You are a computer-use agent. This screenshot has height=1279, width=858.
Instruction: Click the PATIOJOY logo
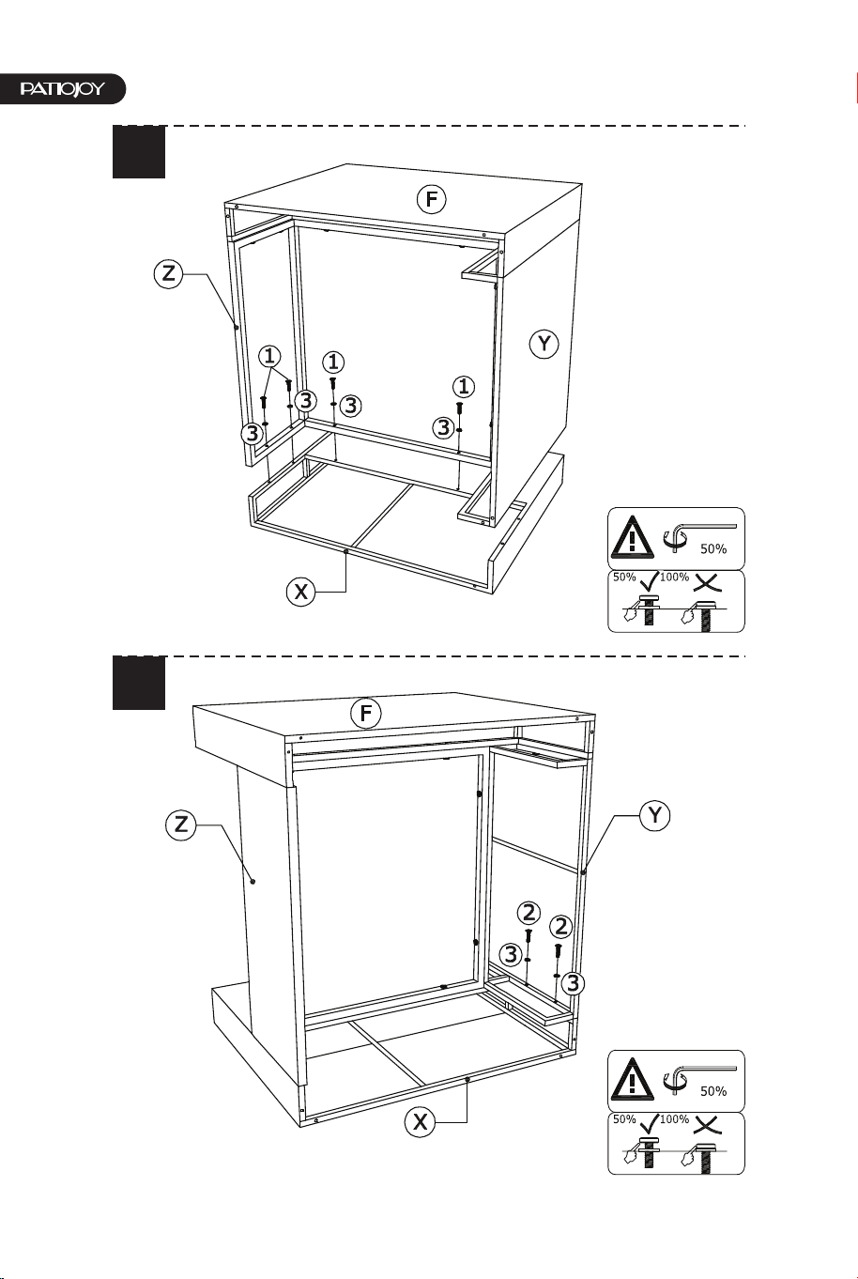[62, 89]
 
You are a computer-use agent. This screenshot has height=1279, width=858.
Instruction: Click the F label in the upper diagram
[431, 199]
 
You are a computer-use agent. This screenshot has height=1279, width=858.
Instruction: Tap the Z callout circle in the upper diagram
[168, 274]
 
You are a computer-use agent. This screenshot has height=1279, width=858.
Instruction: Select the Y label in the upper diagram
[544, 344]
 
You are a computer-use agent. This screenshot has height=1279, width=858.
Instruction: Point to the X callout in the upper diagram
[300, 592]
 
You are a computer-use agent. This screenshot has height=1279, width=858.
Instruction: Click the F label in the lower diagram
[366, 713]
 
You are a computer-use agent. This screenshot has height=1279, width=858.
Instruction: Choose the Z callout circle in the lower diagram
[181, 824]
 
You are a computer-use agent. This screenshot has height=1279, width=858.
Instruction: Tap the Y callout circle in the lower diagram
[655, 816]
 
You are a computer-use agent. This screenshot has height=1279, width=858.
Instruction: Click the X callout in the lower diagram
[420, 1122]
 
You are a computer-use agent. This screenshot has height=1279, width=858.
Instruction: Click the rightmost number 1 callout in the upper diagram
[464, 387]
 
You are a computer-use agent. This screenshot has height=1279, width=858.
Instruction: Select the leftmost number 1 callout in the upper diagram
[269, 356]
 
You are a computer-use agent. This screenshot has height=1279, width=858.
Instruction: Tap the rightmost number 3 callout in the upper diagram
[444, 427]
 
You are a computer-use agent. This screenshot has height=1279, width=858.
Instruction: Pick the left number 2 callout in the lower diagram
[529, 913]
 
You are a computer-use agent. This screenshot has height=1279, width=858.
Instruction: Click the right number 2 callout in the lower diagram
[560, 926]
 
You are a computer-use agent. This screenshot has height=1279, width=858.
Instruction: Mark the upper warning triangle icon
[633, 537]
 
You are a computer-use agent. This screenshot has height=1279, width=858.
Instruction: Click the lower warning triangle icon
[633, 1080]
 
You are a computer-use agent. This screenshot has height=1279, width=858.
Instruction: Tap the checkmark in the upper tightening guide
[650, 580]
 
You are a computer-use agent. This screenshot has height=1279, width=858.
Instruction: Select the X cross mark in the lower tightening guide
[707, 1122]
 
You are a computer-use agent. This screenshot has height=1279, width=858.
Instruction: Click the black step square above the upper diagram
[139, 152]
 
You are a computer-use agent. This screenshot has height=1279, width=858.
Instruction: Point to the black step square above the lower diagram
[139, 683]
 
